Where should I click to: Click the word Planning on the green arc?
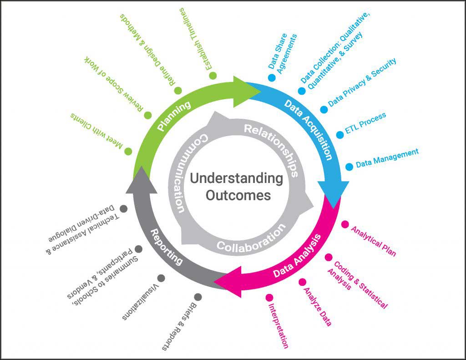173,116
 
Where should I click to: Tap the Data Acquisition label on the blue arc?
308,129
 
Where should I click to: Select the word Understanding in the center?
236,178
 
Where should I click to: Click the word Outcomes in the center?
238,196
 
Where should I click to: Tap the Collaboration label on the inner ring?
248,239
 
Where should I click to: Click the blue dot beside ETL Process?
340,135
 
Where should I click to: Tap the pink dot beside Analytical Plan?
345,224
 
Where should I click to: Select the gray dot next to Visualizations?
161,278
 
